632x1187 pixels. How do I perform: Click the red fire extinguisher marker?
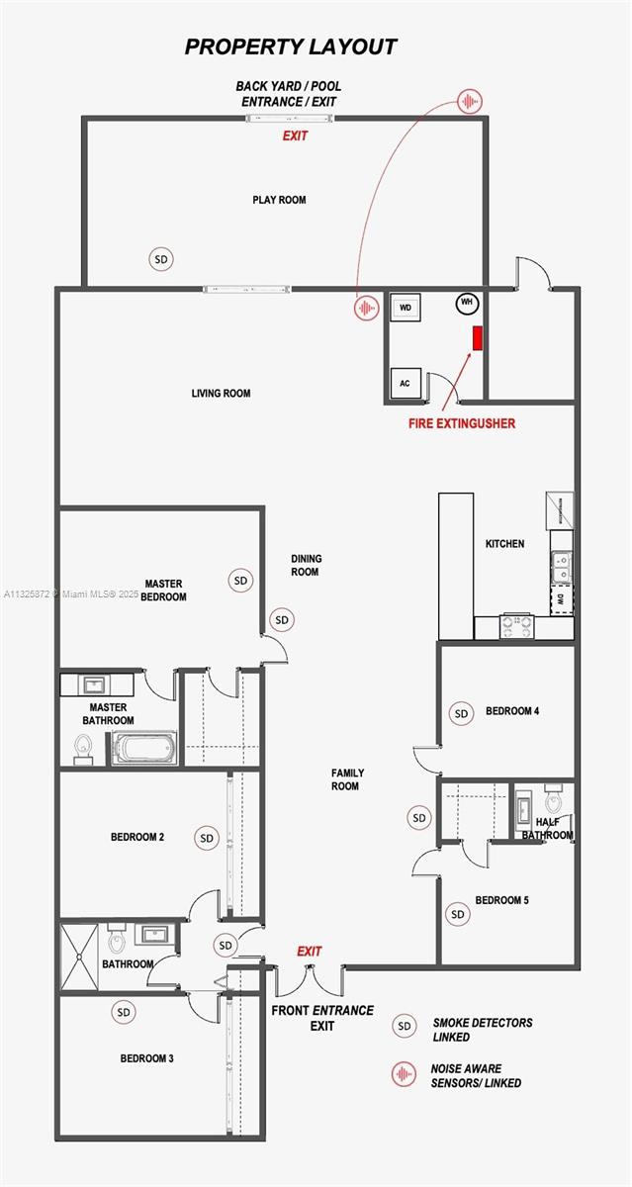[477, 338]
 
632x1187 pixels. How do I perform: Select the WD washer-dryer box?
[406, 308]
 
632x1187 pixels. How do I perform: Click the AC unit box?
[405, 383]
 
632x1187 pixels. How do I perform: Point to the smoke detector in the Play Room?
[161, 259]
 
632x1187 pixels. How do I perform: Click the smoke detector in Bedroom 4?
[460, 712]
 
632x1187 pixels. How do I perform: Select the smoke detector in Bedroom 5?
[457, 915]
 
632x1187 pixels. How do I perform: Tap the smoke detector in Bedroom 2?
[207, 838]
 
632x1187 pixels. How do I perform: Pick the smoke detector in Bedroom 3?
[124, 1013]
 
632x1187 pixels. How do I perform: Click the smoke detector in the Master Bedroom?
[240, 581]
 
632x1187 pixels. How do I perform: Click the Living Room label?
[221, 394]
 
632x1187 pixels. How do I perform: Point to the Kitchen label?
[504, 544]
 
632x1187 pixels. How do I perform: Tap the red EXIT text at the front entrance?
[310, 952]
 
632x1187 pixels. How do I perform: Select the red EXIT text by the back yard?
[295, 136]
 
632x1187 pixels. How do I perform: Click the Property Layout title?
[291, 46]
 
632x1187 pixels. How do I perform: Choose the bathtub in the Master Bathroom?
[144, 748]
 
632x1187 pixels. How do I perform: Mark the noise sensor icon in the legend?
[403, 1075]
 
